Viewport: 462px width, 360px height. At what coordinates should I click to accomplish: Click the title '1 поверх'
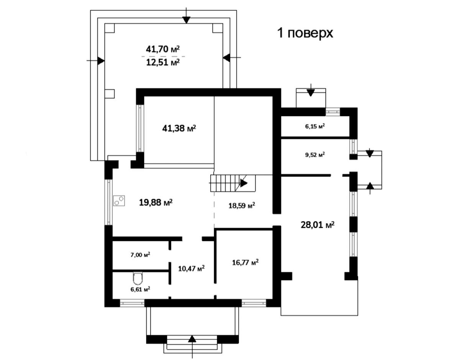(305, 33)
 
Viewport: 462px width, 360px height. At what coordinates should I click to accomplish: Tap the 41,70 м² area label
(163, 49)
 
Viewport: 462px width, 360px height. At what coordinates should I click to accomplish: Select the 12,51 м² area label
(163, 62)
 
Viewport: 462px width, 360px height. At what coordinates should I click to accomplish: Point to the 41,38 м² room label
(179, 128)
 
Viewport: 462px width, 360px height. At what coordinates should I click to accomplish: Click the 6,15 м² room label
(315, 126)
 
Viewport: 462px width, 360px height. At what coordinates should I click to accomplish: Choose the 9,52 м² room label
(315, 155)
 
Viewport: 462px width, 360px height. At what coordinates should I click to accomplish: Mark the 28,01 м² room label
(318, 225)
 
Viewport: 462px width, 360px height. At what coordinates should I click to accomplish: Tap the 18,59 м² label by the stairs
(242, 206)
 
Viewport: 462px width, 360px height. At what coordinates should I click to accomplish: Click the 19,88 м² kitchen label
(156, 202)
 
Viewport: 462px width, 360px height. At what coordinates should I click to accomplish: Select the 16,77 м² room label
(245, 262)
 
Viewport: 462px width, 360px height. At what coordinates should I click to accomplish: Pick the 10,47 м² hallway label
(191, 268)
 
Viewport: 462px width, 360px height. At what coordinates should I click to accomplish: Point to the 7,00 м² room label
(140, 255)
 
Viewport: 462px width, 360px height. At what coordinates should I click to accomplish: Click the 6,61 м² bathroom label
(140, 289)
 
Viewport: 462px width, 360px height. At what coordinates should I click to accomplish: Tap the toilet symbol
(138, 278)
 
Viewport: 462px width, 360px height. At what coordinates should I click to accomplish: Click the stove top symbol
(119, 201)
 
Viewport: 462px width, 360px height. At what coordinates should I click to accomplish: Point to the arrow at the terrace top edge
(186, 16)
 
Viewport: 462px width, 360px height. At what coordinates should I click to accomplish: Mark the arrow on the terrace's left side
(96, 61)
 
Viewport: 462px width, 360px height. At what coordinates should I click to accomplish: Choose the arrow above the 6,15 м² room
(311, 90)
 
